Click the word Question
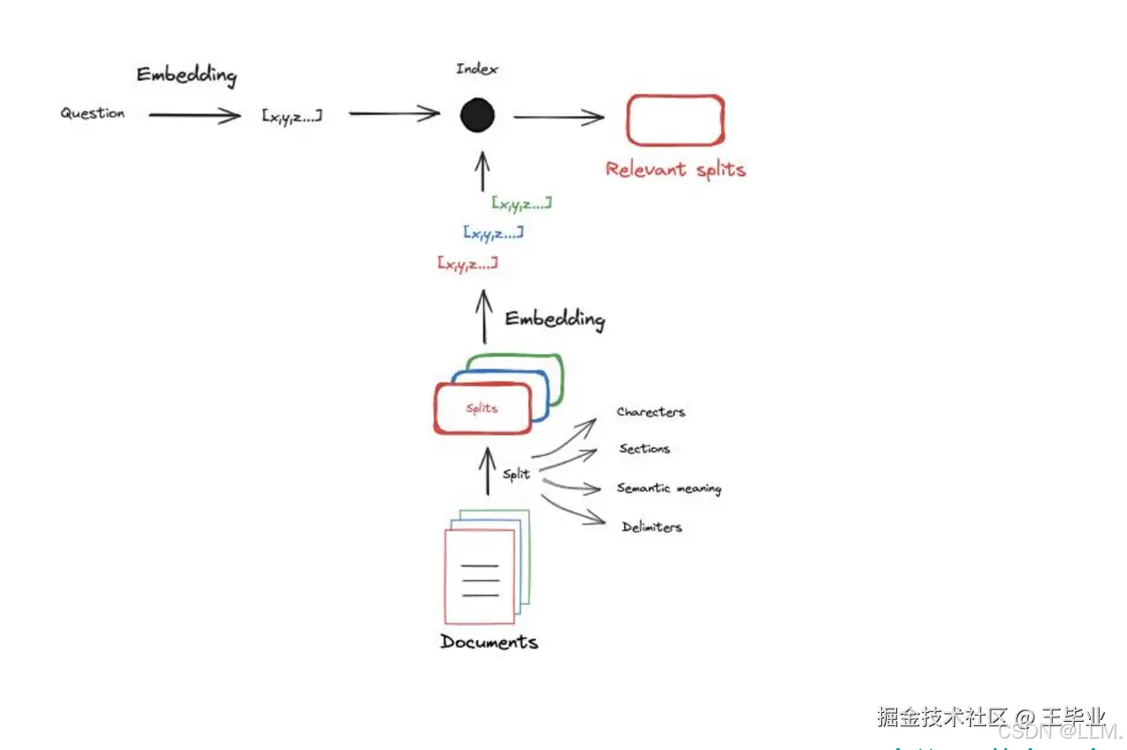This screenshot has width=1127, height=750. (92, 114)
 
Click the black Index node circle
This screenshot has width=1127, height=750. (477, 115)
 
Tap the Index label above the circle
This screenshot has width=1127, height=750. (476, 69)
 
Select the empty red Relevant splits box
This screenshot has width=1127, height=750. (674, 120)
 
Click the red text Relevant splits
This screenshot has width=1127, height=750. (675, 169)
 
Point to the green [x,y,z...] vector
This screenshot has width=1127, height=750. (522, 203)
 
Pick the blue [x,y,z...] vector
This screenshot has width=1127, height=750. (493, 233)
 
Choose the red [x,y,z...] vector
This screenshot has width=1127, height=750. (467, 263)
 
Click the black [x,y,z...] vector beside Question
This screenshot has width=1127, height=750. (291, 114)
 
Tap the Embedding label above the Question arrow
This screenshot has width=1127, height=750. (187, 75)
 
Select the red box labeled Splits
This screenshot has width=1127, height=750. (482, 408)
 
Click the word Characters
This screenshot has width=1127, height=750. (651, 412)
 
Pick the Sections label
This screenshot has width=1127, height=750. (645, 449)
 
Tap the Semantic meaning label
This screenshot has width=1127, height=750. (668, 488)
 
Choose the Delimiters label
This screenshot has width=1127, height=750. (652, 527)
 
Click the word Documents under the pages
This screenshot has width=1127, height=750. (489, 642)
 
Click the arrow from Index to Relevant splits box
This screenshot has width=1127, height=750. (558, 116)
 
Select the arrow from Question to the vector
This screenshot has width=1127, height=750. (194, 114)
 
